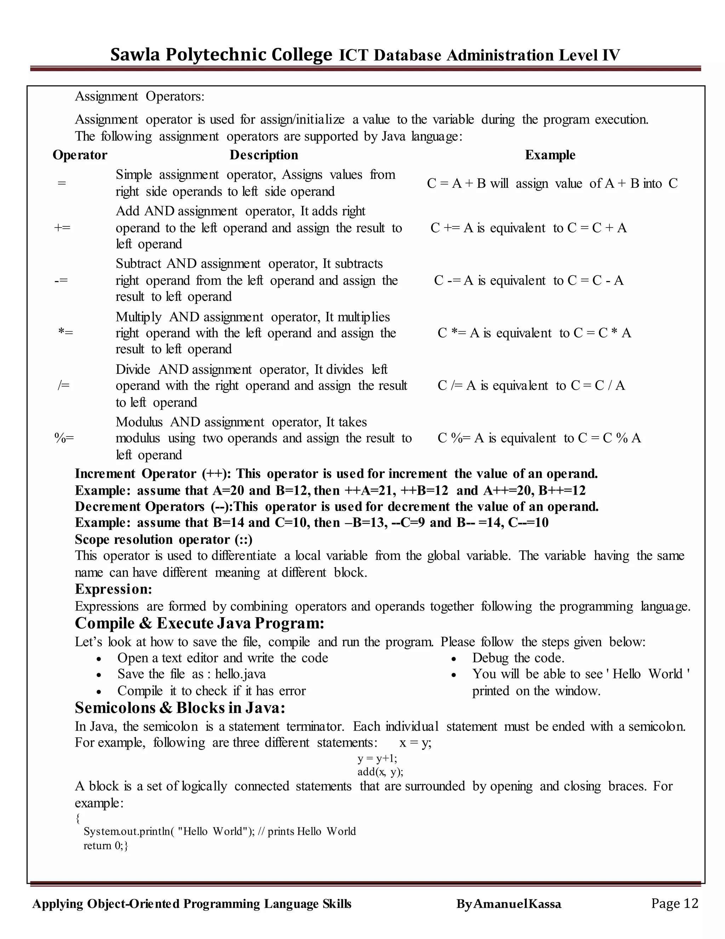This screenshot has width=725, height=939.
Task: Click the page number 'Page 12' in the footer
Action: pyautogui.click(x=674, y=903)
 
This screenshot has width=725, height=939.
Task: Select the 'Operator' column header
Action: pyautogui.click(x=80, y=155)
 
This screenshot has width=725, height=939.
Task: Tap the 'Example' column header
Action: pyautogui.click(x=550, y=155)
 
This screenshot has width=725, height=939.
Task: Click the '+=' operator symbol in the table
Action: pyautogui.click(x=62, y=227)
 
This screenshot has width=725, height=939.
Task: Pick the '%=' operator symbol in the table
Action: pyautogui.click(x=64, y=438)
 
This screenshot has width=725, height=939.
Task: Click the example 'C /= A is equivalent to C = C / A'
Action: pyautogui.click(x=531, y=385)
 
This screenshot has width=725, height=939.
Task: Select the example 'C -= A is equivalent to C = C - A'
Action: pyautogui.click(x=528, y=280)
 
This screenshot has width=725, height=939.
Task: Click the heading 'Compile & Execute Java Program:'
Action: pyautogui.click(x=199, y=623)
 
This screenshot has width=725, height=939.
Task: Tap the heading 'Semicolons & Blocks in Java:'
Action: pyautogui.click(x=180, y=707)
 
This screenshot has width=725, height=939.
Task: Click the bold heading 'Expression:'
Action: pyautogui.click(x=113, y=589)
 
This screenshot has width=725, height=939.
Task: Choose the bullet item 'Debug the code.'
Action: pyautogui.click(x=518, y=658)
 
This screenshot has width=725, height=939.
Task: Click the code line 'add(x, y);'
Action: pyautogui.click(x=380, y=772)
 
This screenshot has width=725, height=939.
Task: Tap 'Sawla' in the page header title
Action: pyautogui.click(x=135, y=55)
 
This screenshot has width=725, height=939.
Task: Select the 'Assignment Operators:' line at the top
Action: pyautogui.click(x=139, y=96)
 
